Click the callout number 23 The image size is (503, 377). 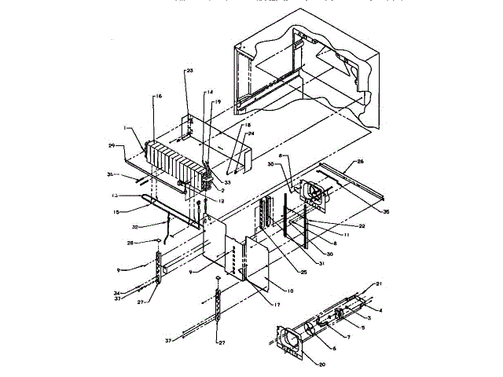[x=189, y=71]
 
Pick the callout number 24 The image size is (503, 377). [x=252, y=134]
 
